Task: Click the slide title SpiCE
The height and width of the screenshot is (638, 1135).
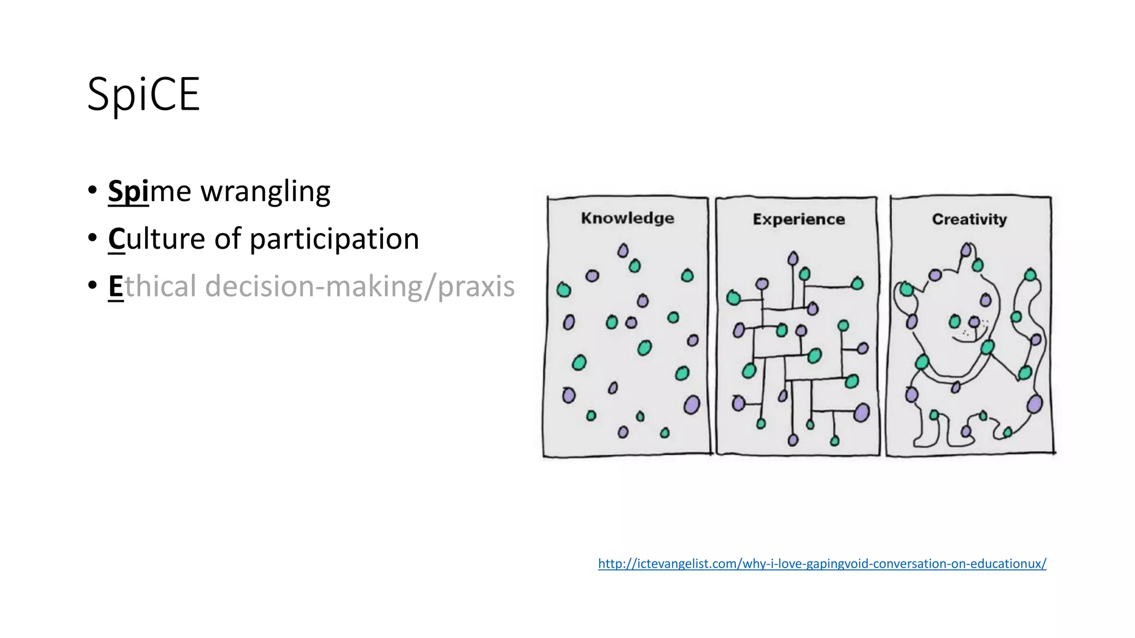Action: (x=143, y=95)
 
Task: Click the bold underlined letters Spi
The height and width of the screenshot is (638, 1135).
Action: (x=128, y=192)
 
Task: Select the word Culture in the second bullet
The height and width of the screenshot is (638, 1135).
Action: (x=156, y=239)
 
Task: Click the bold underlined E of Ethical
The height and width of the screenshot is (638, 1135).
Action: (x=115, y=287)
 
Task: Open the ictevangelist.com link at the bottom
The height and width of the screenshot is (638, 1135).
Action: (x=822, y=564)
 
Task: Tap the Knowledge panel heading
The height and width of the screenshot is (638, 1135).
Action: (x=627, y=218)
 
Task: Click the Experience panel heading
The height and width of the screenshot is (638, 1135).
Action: (x=799, y=219)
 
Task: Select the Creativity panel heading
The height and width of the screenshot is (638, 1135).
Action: (x=969, y=219)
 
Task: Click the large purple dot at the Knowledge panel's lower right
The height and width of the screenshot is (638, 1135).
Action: (x=692, y=405)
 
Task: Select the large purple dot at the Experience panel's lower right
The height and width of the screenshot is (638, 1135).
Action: (x=861, y=413)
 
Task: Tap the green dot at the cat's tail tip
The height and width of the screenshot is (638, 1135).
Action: (x=1030, y=275)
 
